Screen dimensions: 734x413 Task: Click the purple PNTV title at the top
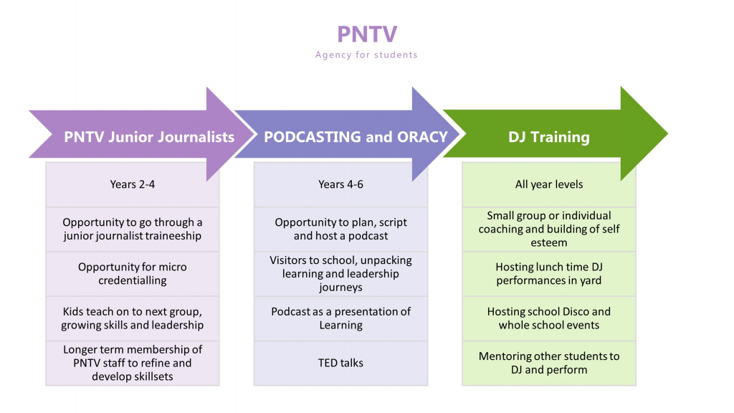[367, 34]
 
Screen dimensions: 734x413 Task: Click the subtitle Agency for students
[366, 54]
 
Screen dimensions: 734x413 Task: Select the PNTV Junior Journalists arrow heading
[149, 137]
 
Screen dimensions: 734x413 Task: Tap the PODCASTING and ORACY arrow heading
[356, 137]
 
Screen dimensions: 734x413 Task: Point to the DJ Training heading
[548, 137]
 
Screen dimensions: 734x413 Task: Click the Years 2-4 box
[133, 184]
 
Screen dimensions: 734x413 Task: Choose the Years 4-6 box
[340, 184]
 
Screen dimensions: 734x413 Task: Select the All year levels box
[549, 184]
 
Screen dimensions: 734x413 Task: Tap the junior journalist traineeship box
[133, 229]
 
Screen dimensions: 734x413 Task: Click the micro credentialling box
[133, 273]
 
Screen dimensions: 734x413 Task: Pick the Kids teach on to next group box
[133, 318]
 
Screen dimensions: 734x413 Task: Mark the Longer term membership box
[133, 363]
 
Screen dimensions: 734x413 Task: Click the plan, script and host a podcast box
[340, 229]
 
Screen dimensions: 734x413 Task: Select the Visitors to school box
[340, 273]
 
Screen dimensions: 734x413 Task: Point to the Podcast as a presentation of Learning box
[340, 318]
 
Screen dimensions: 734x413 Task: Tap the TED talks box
[340, 363]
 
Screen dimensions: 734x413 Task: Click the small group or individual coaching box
[549, 229]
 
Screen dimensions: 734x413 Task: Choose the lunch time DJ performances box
[549, 273]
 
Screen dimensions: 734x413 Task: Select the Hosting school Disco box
[549, 318]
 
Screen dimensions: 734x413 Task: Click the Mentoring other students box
[549, 363]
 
